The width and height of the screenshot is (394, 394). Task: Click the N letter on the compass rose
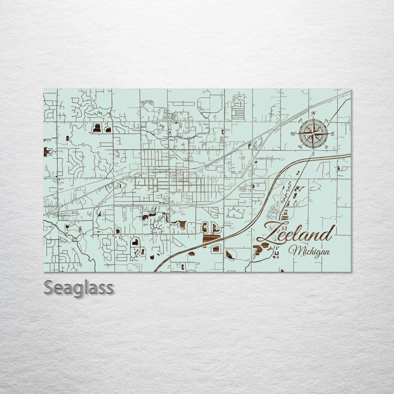[x=314, y=113]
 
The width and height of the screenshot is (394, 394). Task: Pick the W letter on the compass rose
[x=294, y=134]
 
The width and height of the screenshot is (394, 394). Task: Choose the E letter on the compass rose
[x=333, y=134]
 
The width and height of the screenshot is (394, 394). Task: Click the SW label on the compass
[x=300, y=147]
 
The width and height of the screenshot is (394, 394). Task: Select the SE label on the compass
[x=326, y=147]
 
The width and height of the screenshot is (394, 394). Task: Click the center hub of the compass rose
[x=313, y=134]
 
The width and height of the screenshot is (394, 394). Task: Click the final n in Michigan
[x=327, y=252]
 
